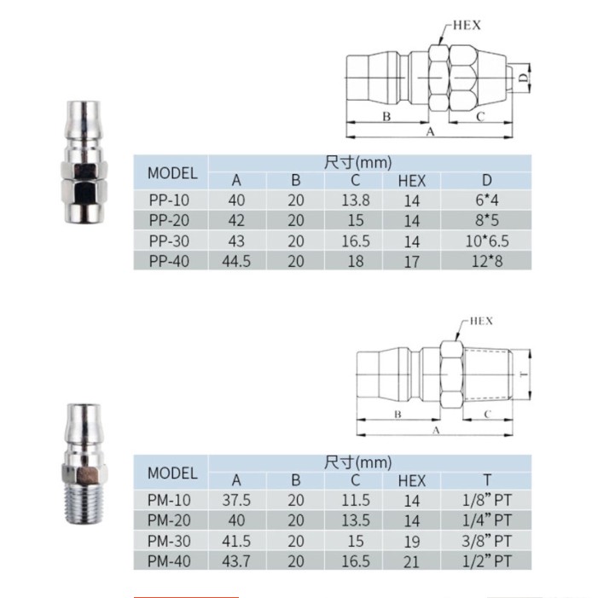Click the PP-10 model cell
click(x=169, y=200)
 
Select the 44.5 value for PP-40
click(x=236, y=262)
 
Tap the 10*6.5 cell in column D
click(x=487, y=241)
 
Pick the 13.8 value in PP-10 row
click(x=356, y=200)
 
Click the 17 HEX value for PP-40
click(x=412, y=262)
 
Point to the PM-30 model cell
click(x=169, y=541)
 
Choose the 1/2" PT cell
click(x=486, y=561)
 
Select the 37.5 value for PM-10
click(x=236, y=501)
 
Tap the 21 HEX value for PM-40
click(x=411, y=562)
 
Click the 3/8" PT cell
click(x=486, y=541)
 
